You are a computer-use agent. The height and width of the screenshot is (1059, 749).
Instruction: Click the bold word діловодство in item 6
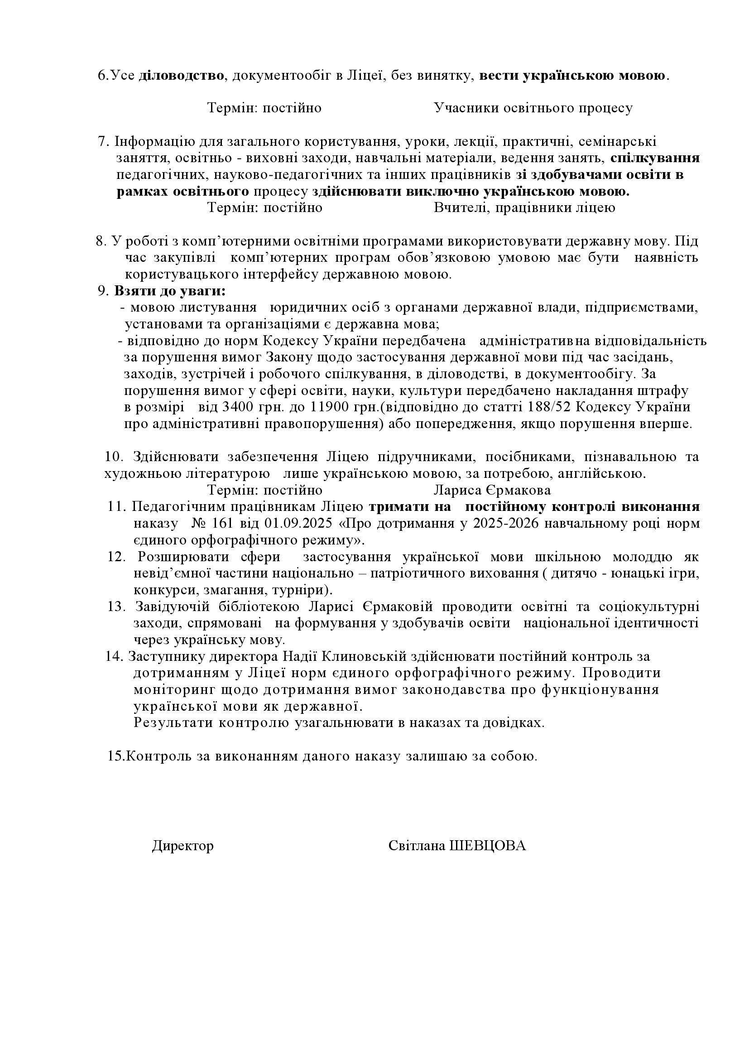coord(181,76)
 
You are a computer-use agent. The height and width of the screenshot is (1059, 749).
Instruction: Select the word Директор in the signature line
coord(182,846)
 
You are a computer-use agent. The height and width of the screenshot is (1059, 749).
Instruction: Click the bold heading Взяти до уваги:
coord(170,292)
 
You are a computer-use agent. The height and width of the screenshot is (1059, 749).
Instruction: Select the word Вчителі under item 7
coord(456,208)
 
